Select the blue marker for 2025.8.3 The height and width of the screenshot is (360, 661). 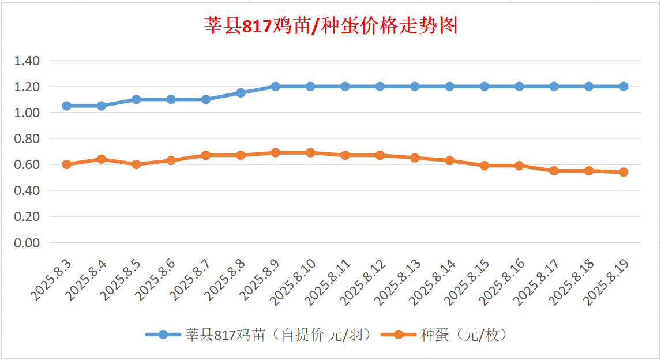[x=66, y=106]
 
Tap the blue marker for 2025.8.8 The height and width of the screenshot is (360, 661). [x=241, y=93]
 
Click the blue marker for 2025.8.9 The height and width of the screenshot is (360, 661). [x=275, y=87]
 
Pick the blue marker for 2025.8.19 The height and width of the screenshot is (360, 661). [x=624, y=87]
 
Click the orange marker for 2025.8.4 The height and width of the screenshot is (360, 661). [x=102, y=159]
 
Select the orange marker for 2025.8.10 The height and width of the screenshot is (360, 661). [x=310, y=153]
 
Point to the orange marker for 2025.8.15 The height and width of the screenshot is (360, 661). [x=485, y=166]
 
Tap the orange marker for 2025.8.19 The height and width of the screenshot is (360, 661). [x=624, y=172]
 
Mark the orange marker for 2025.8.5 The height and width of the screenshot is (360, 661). [x=136, y=164]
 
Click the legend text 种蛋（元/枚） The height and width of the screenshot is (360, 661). [x=464, y=335]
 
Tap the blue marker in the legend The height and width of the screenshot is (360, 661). [x=163, y=335]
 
